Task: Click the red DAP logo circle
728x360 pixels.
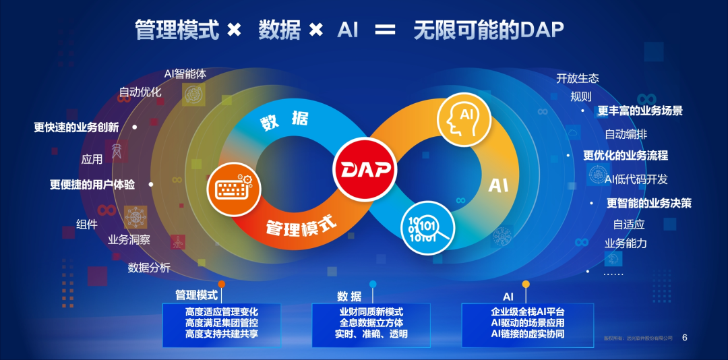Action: pos(364,169)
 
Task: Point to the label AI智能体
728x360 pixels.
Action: pos(185,74)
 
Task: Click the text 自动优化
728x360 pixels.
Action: pos(140,92)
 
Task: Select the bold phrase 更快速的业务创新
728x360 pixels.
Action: pos(76,127)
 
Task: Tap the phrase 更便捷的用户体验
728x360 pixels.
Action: pos(92,184)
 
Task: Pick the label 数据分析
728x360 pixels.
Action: pos(149,268)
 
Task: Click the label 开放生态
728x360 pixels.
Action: pos(578,78)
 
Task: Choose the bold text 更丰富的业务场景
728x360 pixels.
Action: pos(640,111)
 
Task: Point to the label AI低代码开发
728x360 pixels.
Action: pos(636,179)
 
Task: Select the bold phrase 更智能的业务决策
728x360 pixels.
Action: pos(649,203)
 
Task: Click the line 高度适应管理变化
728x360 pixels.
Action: pos(222,312)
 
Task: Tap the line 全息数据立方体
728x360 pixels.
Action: pos(371,323)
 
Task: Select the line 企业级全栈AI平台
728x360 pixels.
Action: pos(528,312)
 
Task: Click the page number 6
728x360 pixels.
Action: pos(685,337)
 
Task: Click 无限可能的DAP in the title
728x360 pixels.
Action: pos(489,30)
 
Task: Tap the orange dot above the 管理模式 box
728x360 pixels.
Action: pos(222,284)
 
